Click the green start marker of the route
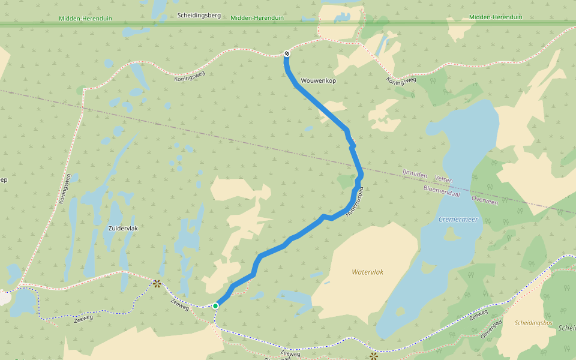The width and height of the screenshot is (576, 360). (x=215, y=306)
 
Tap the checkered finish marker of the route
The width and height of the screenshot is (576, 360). (x=287, y=54)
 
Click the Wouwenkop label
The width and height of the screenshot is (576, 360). (x=318, y=80)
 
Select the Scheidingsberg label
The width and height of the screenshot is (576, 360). (x=199, y=15)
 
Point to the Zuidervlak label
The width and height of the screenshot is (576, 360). (x=123, y=229)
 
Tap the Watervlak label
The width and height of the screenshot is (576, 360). (x=367, y=272)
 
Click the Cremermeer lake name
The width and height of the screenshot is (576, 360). (x=458, y=220)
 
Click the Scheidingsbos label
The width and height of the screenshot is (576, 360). (x=533, y=323)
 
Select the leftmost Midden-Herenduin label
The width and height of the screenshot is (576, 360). (x=84, y=18)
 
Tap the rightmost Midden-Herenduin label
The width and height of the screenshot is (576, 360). (x=495, y=17)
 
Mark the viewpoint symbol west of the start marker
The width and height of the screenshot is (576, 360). (x=157, y=283)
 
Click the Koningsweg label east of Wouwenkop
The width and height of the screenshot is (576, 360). (x=401, y=80)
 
